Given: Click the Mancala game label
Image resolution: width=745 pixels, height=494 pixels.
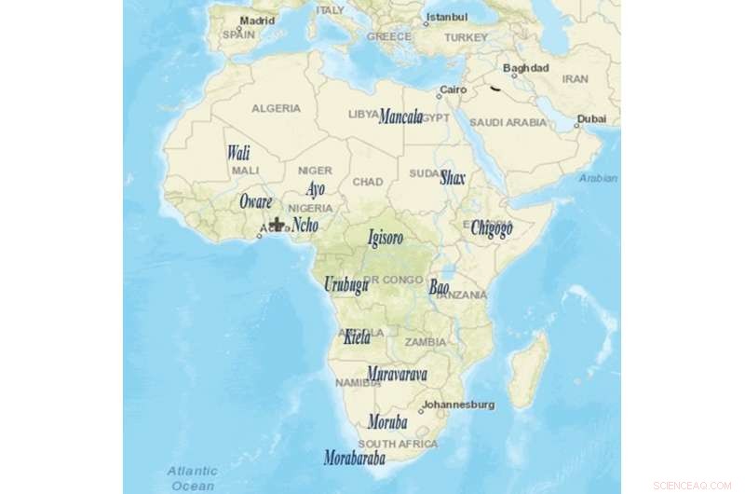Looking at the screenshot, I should [400, 117].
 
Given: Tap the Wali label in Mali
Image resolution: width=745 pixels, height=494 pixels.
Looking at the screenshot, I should [238, 153].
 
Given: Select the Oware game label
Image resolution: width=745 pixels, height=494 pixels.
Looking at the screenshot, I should [256, 201].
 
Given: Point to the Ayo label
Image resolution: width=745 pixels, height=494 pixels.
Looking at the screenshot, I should [316, 189].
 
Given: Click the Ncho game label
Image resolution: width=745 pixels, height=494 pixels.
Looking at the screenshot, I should [305, 225].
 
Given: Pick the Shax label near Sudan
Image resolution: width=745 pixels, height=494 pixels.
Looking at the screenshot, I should [453, 177].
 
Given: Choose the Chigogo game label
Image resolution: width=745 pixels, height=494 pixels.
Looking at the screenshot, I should [491, 227].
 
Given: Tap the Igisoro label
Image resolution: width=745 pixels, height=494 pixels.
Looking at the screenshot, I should [386, 238].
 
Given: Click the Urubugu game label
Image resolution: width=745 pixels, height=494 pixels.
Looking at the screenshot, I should [345, 285].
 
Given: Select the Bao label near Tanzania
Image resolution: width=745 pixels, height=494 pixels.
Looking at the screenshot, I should [439, 287].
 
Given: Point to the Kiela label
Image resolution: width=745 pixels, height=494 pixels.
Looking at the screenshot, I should [357, 336].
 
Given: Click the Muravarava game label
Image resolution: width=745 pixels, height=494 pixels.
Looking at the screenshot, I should [397, 374].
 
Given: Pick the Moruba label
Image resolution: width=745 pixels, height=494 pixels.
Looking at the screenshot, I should [387, 421].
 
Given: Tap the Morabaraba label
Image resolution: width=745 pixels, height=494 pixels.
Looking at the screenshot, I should [354, 458].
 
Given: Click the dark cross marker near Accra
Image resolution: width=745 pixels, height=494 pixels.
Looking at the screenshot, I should [277, 224].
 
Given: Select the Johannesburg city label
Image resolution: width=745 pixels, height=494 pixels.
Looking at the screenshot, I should [458, 405].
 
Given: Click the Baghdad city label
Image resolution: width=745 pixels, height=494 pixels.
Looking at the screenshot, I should [525, 68].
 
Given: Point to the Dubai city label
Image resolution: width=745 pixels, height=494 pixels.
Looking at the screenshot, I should [590, 118].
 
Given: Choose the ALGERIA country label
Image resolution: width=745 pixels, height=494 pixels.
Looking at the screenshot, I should [276, 108].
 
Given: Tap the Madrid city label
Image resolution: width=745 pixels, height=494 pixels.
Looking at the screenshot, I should [257, 20].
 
